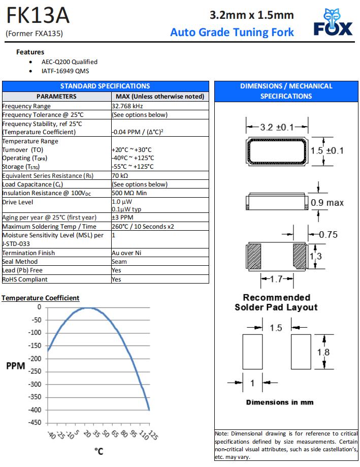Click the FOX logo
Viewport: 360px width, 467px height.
pos(333,23)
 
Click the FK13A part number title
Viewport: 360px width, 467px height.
pos(38,16)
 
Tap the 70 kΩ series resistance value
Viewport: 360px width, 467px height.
pos(120,176)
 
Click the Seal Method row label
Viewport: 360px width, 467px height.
pos(20,262)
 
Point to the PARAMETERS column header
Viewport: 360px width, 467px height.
pos(56,97)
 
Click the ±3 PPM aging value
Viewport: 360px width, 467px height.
pos(122,217)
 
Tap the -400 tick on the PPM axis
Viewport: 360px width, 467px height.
pos(35,410)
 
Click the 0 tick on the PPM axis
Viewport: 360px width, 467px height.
pos(39,307)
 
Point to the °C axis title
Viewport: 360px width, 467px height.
pos(99,451)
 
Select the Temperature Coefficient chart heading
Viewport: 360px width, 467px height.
pos(41,298)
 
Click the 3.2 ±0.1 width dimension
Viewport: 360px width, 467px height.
pos(277,127)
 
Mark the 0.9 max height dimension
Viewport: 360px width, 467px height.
pos(328,203)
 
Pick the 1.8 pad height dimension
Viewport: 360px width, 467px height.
pos(323,352)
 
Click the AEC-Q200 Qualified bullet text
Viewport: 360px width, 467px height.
pos(70,62)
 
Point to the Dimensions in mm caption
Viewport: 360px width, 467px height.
pos(280,402)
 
